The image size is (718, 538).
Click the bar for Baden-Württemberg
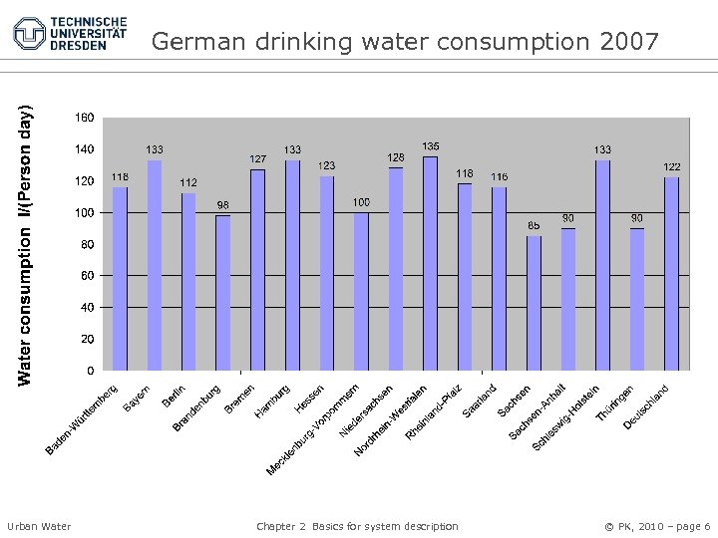(x=120, y=279)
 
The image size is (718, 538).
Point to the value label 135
(x=431, y=146)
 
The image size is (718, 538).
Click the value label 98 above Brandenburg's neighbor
(x=223, y=205)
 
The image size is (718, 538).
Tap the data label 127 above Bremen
(x=258, y=159)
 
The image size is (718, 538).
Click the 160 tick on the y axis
(x=85, y=118)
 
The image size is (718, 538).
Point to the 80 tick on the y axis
(x=88, y=244)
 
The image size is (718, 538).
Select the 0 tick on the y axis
(x=91, y=371)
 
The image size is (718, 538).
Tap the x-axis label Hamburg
(x=272, y=400)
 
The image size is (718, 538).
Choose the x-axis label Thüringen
(x=613, y=403)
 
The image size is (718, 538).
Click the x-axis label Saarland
(x=479, y=401)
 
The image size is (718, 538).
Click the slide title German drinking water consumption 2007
(x=406, y=42)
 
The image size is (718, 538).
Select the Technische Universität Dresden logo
(x=70, y=33)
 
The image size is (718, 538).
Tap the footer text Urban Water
(x=39, y=526)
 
